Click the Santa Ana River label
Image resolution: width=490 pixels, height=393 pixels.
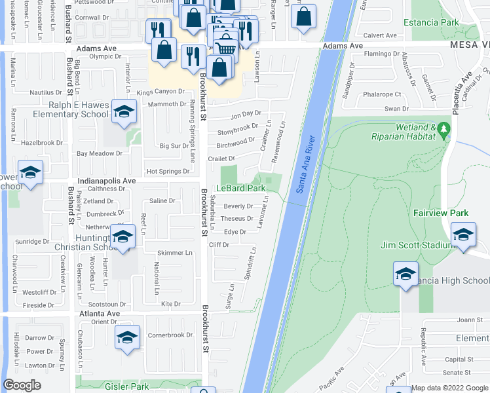(x=306, y=164)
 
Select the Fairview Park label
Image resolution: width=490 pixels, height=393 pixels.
(x=432, y=213)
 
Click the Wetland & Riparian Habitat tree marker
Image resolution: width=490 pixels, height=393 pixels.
(x=445, y=128)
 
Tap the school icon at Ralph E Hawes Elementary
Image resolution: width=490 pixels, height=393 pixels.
(x=122, y=113)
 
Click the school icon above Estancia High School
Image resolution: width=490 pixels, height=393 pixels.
(x=405, y=273)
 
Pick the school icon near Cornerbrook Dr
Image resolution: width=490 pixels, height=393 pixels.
(x=127, y=337)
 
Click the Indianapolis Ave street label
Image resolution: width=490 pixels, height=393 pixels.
(x=106, y=181)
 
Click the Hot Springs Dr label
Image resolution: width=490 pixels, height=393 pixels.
(x=168, y=172)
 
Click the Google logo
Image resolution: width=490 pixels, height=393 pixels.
(x=22, y=385)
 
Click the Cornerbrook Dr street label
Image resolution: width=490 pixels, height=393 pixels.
(x=170, y=335)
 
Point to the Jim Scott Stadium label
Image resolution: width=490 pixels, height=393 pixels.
(x=417, y=246)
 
